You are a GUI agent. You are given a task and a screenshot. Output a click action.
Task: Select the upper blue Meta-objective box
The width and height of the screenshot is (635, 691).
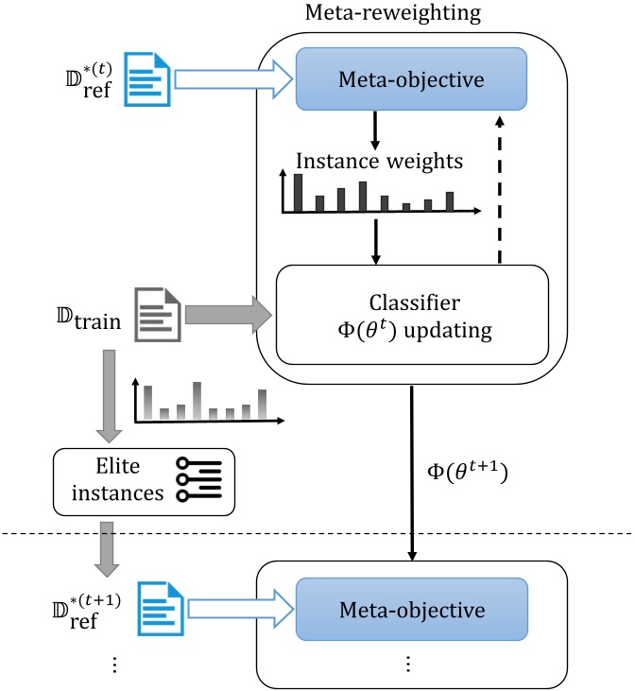coord(411,80)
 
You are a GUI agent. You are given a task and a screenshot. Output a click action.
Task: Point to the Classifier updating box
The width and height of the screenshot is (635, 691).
coord(411,314)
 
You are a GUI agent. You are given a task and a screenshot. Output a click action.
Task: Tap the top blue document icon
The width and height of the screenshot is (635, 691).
coord(151,79)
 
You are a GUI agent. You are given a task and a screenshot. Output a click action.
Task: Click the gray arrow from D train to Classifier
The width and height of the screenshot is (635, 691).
coord(227,313)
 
